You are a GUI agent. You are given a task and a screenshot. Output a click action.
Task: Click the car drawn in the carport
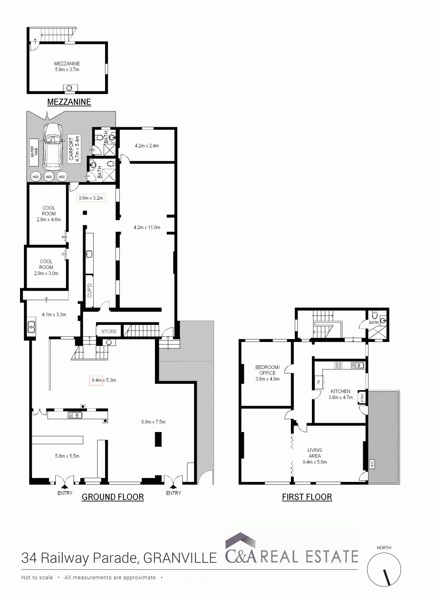53,146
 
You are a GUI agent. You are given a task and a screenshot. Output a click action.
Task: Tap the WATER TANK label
34,152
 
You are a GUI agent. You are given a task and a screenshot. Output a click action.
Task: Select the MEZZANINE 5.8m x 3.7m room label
67,66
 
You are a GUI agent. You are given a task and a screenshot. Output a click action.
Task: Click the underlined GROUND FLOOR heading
113,497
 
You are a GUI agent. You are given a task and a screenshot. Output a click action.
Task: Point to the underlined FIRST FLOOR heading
307,497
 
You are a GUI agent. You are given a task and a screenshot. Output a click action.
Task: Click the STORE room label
109,331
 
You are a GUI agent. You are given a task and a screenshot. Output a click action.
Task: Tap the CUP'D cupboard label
90,290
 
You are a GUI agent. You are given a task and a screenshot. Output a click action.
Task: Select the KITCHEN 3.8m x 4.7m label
341,394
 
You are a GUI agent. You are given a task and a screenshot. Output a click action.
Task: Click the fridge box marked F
319,382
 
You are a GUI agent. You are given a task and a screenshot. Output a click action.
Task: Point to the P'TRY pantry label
362,398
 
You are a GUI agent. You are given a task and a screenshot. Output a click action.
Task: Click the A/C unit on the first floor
372,464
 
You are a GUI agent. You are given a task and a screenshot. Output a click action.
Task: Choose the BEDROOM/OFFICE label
267,373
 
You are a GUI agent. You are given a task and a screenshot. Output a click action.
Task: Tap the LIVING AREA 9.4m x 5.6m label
315,456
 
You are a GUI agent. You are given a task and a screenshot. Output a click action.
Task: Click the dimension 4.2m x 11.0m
147,227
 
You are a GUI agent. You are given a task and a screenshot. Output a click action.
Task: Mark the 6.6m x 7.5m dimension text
153,422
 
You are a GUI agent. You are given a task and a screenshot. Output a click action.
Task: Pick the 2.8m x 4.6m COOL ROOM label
49,214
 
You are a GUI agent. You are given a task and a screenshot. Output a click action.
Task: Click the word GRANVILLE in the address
180,558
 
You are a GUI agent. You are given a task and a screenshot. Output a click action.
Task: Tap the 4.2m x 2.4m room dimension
147,146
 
